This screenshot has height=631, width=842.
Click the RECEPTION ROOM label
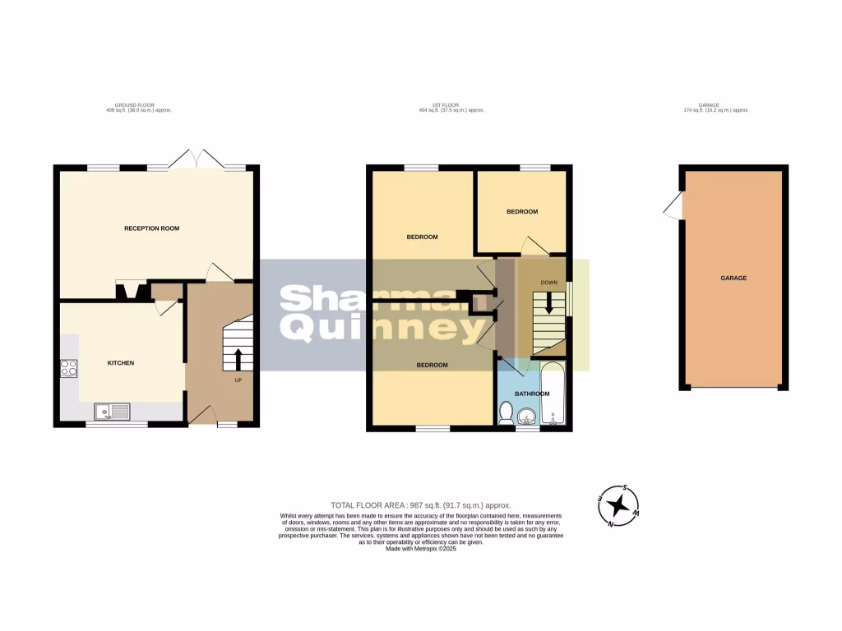coord(152,228)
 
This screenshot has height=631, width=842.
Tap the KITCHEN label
coord(121,363)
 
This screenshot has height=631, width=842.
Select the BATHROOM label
coord(531,394)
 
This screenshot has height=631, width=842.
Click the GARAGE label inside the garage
coord(733,279)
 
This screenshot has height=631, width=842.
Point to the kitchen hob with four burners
coord(68,370)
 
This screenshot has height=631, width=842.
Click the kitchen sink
coord(109,411)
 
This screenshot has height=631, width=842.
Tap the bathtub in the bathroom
coord(553,397)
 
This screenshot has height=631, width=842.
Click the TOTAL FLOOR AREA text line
coord(421,505)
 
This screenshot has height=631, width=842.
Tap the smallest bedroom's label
coord(521,212)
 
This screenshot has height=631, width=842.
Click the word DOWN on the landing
coord(548,283)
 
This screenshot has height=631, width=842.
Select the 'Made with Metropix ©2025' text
coord(421,549)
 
